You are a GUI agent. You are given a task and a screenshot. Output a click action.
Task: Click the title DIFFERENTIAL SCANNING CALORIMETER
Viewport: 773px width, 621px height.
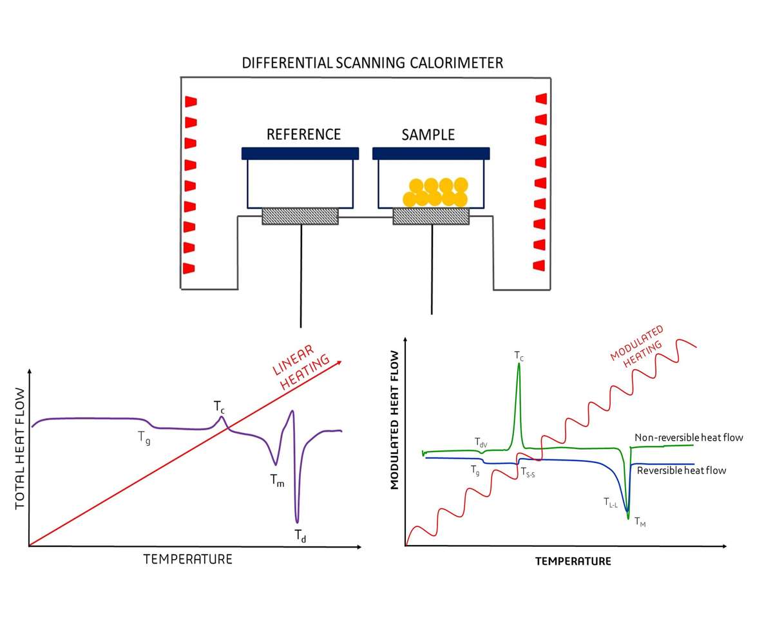[372, 63]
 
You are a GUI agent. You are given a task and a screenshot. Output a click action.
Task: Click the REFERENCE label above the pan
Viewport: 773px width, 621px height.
[303, 135]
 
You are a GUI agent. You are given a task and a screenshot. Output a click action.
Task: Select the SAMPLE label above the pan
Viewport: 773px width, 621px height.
[428, 135]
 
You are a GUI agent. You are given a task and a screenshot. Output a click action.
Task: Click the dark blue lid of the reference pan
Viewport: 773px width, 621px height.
[300, 153]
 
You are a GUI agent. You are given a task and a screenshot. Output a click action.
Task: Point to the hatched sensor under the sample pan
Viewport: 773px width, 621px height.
[431, 216]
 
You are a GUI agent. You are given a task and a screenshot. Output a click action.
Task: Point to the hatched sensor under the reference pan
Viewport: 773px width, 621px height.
[300, 216]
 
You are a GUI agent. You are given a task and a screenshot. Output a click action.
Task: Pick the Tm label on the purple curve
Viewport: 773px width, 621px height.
[277, 481]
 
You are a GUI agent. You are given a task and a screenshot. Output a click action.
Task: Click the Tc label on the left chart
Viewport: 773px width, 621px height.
[220, 406]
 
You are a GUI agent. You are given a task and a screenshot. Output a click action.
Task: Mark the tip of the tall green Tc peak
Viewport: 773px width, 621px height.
[519, 364]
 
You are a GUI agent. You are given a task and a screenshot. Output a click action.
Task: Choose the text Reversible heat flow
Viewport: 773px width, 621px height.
[682, 470]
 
